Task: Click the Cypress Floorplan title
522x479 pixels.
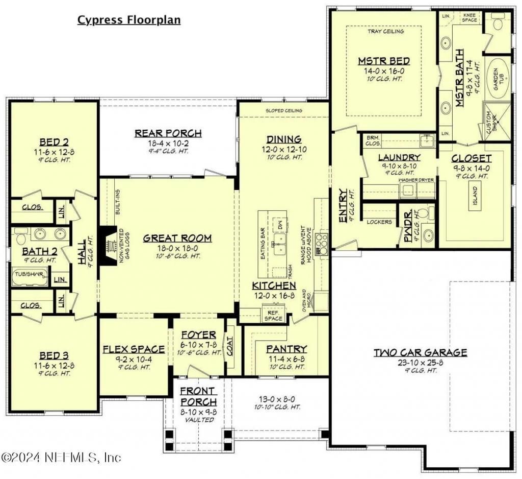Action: [x=128, y=20]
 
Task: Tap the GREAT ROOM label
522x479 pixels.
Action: [x=177, y=238]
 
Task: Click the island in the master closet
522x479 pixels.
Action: [x=475, y=195]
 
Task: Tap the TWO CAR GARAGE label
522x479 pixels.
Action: [x=420, y=352]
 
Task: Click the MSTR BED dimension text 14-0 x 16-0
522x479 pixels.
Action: [x=383, y=71]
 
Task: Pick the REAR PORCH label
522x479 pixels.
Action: [x=168, y=133]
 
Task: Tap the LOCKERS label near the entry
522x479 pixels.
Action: [x=379, y=222]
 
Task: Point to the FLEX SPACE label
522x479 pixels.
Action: [x=134, y=349]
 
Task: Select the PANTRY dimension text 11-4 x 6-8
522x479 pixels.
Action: [x=286, y=359]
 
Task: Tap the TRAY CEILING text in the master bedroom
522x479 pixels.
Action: [x=385, y=31]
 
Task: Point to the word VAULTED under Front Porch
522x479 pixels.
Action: [x=198, y=419]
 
